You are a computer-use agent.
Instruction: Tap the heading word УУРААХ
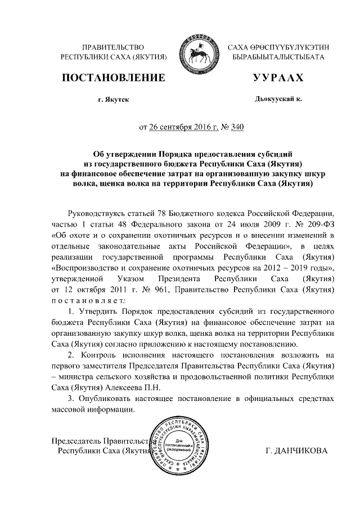[278, 78]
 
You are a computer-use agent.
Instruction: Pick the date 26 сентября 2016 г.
[183, 127]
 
